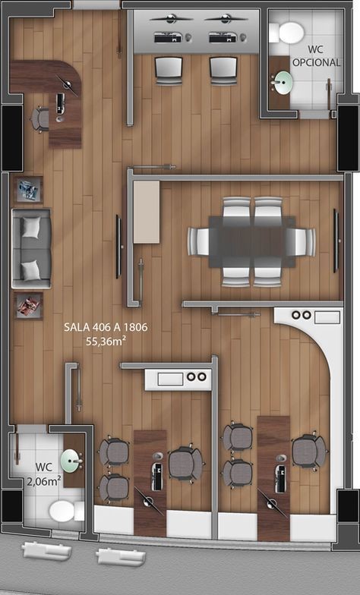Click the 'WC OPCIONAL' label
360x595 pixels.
point(316,56)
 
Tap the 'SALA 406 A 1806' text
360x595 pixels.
point(106,327)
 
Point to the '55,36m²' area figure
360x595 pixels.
point(106,341)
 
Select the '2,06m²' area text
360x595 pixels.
point(44,481)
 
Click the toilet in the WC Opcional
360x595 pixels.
point(287,33)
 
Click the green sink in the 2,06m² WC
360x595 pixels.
point(71,461)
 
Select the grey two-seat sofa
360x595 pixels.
point(32,249)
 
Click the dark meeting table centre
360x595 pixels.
point(252,241)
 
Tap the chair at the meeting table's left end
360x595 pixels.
point(197,241)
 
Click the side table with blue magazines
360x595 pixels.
point(29,190)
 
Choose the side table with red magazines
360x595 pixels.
point(29,305)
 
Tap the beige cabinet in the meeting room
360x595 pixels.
point(146,212)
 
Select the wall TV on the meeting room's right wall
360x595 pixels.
point(336,241)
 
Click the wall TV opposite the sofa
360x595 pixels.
point(118,247)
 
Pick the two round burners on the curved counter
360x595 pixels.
point(301,315)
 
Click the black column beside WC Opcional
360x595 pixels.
point(348,138)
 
